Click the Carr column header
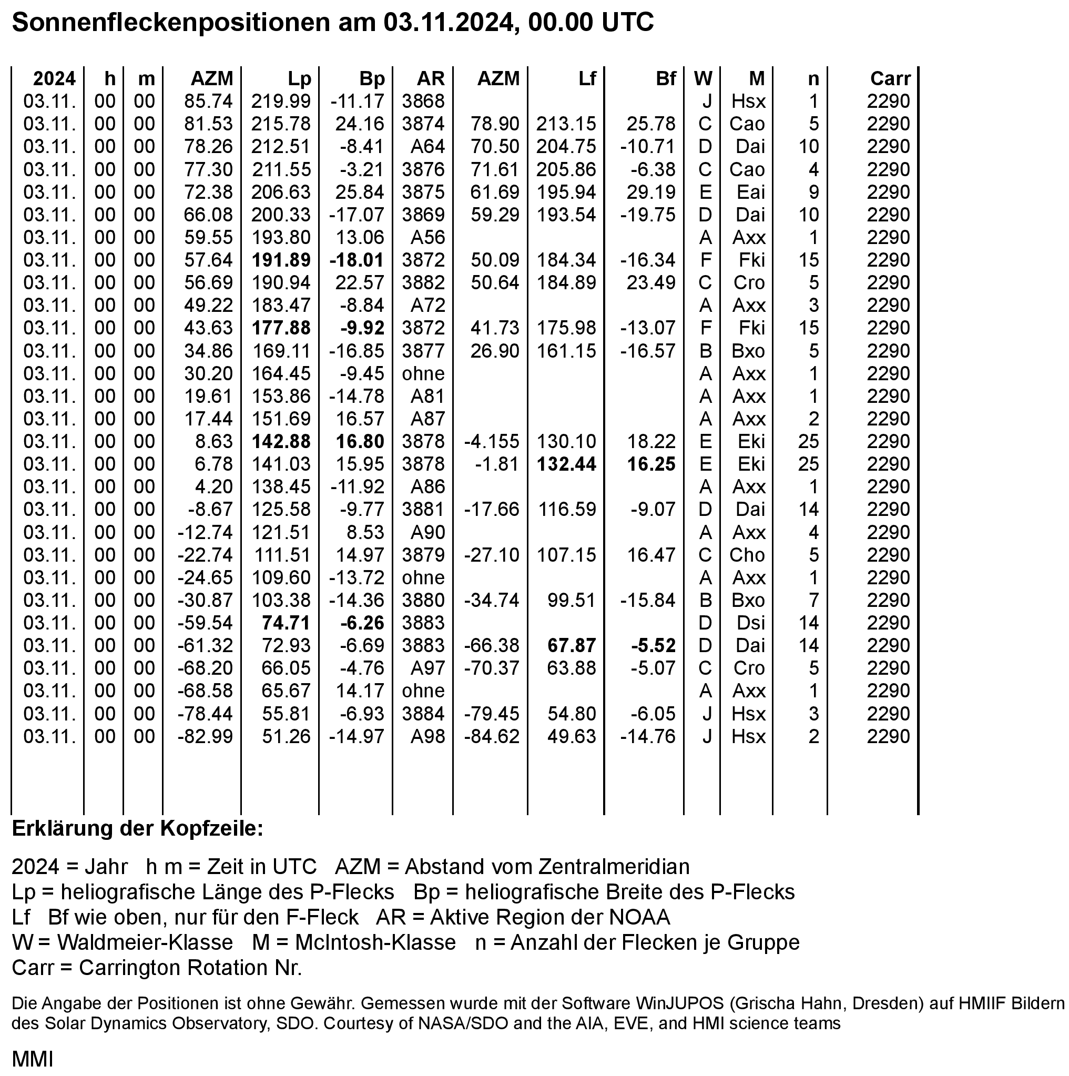pos(890,78)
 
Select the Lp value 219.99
pos(280,101)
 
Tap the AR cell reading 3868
pos(423,101)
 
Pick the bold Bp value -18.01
pos(357,260)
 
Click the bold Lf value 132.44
pos(566,464)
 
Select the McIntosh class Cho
pos(747,555)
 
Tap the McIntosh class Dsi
pos(750,623)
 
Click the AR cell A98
pos(427,737)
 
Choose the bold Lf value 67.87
pos(571,646)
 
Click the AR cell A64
pos(427,147)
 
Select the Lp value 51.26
pos(286,737)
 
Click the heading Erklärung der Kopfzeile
pos(137,829)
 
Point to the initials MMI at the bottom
pos(32,1059)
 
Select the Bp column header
pos(372,78)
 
